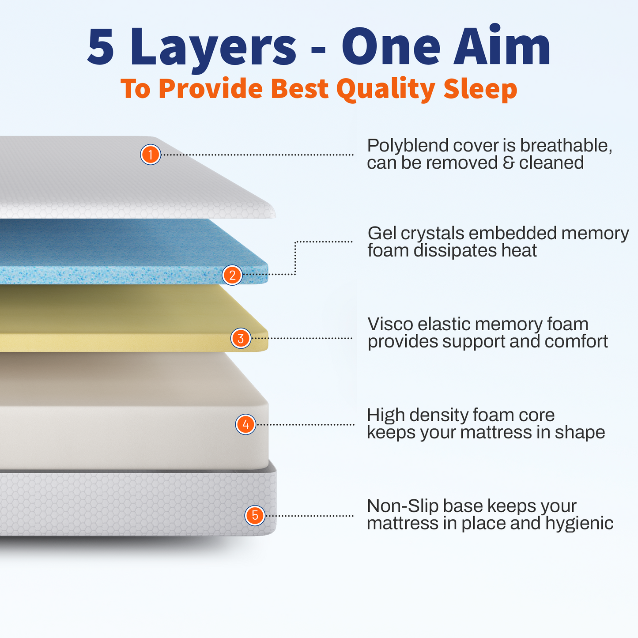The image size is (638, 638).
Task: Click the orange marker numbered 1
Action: (x=151, y=155)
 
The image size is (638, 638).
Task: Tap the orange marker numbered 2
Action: (x=232, y=275)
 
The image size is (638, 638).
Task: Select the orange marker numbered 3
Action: (x=241, y=338)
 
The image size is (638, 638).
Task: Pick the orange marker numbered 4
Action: (x=245, y=424)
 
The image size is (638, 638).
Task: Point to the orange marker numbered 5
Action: (x=255, y=516)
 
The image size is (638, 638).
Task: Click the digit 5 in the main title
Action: (x=101, y=46)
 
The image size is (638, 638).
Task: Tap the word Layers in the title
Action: (x=213, y=49)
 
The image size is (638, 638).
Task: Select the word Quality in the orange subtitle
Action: (x=386, y=89)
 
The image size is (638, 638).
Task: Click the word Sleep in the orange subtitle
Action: (x=480, y=89)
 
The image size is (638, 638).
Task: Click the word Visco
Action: (x=391, y=324)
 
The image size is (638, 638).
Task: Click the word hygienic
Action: (x=579, y=524)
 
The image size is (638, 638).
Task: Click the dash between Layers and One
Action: (x=318, y=50)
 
